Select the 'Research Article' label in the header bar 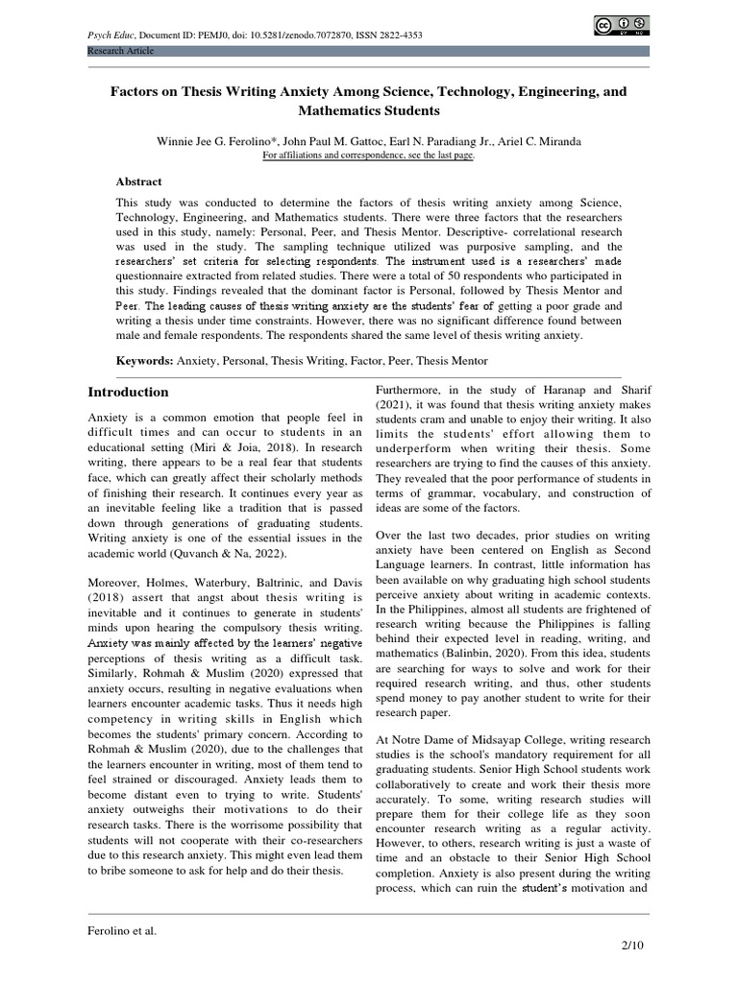pyautogui.click(x=120, y=51)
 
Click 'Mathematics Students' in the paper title pyautogui.click(x=368, y=111)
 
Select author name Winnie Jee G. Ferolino pyautogui.click(x=214, y=141)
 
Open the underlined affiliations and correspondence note pyautogui.click(x=368, y=156)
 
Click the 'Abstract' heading pyautogui.click(x=139, y=181)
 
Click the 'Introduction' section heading pyautogui.click(x=128, y=393)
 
